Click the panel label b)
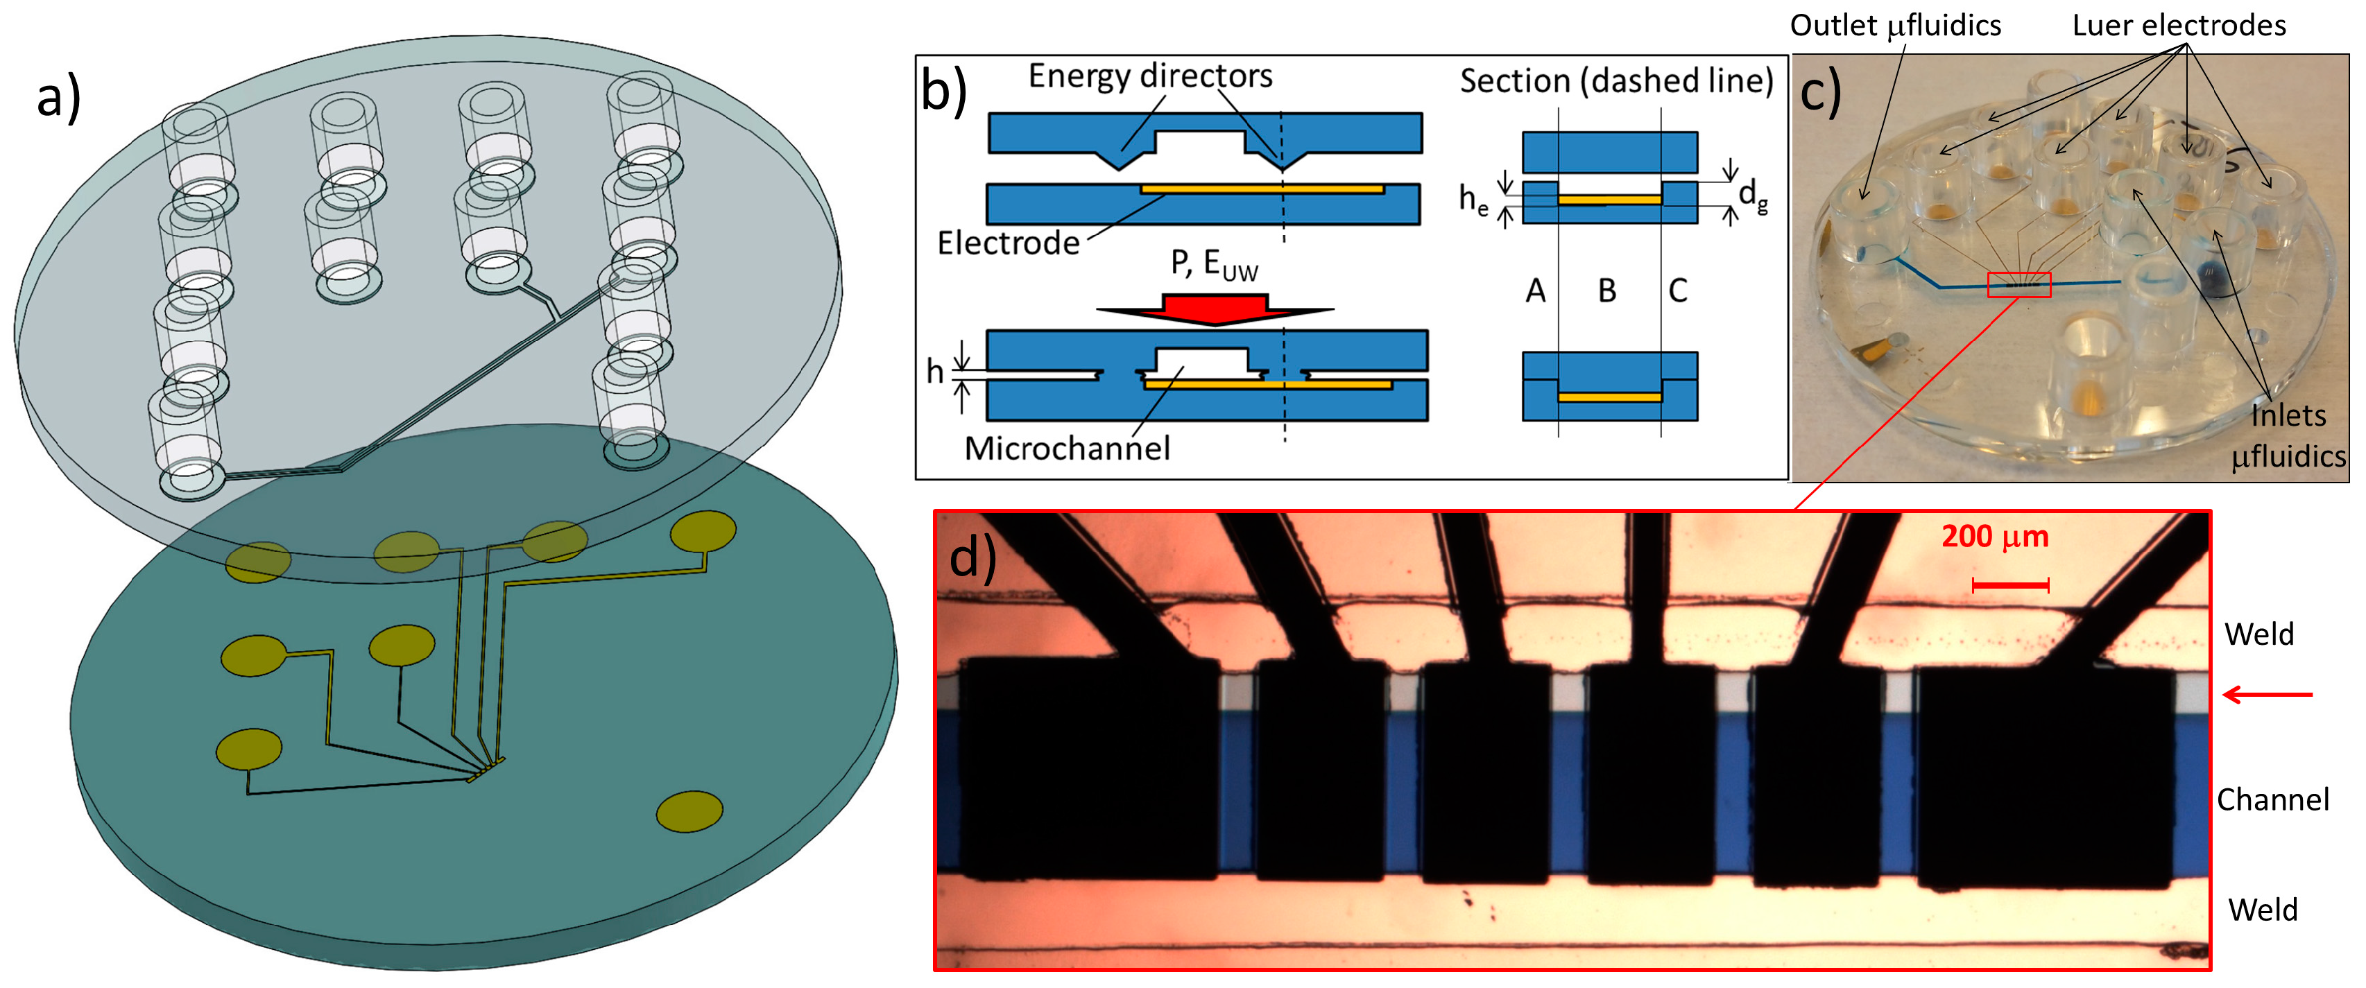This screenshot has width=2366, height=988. click(943, 91)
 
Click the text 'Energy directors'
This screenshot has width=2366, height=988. click(1150, 76)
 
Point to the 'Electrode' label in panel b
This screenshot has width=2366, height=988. click(1008, 243)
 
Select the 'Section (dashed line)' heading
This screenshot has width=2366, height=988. click(1615, 82)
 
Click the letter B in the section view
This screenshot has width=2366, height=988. click(1606, 291)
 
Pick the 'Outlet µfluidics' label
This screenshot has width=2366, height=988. click(1895, 26)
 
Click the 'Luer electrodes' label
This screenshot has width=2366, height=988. click(2179, 26)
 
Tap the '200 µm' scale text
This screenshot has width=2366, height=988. click(1995, 536)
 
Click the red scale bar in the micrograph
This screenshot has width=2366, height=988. click(2009, 585)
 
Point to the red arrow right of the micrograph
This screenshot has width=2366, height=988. click(2267, 695)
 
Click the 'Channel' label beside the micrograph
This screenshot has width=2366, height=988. click(2272, 800)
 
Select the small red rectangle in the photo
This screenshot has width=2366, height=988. click(2018, 286)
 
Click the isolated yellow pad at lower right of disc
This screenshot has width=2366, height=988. click(689, 811)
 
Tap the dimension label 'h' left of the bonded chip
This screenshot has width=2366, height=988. click(934, 372)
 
